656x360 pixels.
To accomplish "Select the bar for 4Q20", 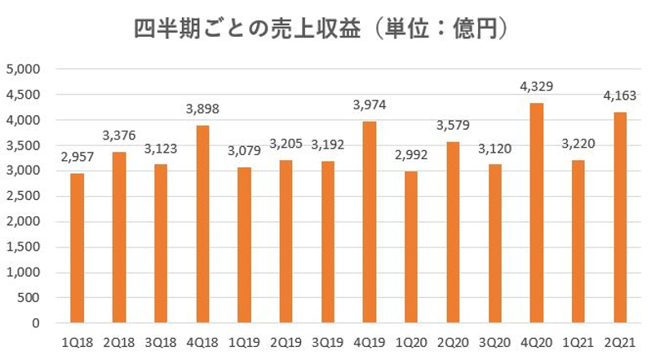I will click(536, 213).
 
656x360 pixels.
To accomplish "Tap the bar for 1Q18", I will click(78, 248).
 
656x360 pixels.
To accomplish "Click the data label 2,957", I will click(78, 158).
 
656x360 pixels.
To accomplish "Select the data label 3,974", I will click(369, 106).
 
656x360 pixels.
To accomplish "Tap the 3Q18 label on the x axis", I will click(161, 340).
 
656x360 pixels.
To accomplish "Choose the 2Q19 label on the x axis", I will click(286, 340).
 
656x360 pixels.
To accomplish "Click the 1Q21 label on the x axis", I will click(578, 340).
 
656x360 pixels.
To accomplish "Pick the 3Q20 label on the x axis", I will click(494, 340).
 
